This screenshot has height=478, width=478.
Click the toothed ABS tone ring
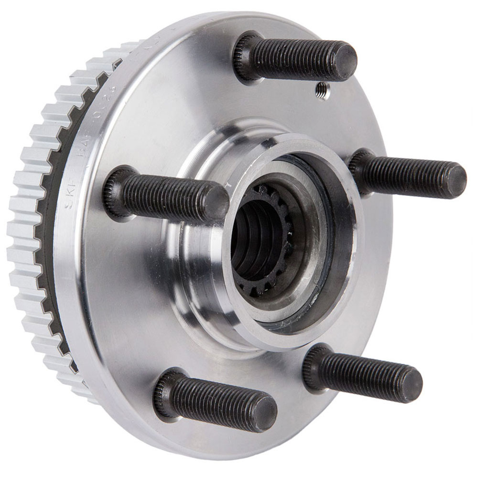click(x=29, y=239)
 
